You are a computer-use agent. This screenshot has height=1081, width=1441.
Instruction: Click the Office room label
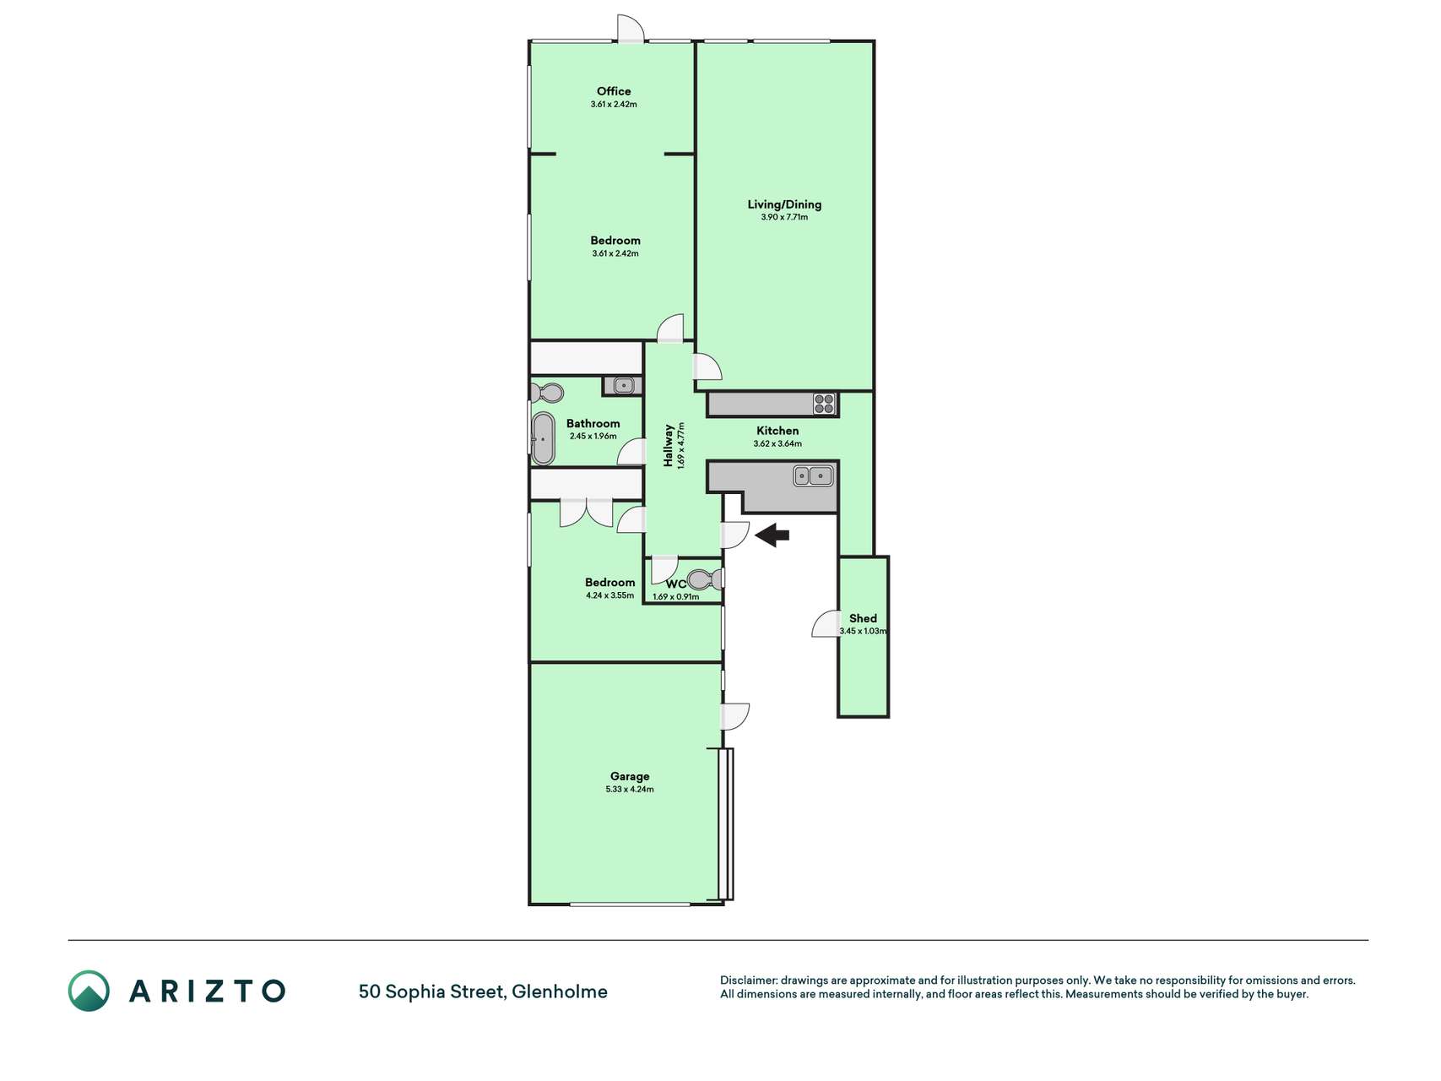point(614,91)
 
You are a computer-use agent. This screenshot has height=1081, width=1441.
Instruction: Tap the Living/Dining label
point(784,204)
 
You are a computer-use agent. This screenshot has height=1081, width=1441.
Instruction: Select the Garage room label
point(630,776)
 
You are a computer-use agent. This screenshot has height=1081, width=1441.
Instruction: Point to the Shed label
point(863,618)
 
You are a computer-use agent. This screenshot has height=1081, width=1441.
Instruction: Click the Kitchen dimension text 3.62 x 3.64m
point(777,443)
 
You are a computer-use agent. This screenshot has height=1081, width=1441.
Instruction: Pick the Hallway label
point(669,445)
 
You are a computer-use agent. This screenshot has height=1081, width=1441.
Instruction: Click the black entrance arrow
point(772,535)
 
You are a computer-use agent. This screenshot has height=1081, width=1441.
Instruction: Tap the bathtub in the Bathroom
point(544,438)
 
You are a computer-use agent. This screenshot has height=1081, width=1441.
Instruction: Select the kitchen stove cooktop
point(824,404)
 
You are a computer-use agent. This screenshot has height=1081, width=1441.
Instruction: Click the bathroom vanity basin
point(623,386)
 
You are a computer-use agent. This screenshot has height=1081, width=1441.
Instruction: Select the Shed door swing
point(825,623)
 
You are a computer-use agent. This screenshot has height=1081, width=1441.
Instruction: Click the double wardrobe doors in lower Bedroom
point(587,513)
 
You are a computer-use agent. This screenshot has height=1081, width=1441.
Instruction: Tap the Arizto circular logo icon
point(89,991)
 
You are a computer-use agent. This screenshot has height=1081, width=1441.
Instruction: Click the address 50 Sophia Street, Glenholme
point(483,991)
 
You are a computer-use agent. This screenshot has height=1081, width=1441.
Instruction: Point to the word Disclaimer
point(748,981)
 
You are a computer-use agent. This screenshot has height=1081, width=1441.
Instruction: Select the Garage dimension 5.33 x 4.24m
point(630,790)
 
